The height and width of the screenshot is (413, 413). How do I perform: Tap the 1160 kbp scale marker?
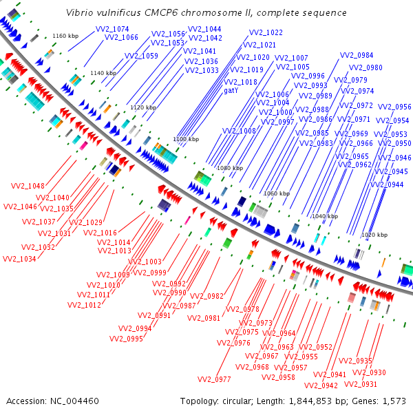(66, 36)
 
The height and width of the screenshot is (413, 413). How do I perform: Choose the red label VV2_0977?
(214, 379)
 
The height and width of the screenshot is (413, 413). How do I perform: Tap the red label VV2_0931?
(360, 384)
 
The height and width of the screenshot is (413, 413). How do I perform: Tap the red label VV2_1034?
(20, 259)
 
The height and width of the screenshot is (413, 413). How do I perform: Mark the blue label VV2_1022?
(265, 32)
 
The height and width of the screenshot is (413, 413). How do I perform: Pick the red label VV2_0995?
(125, 339)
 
